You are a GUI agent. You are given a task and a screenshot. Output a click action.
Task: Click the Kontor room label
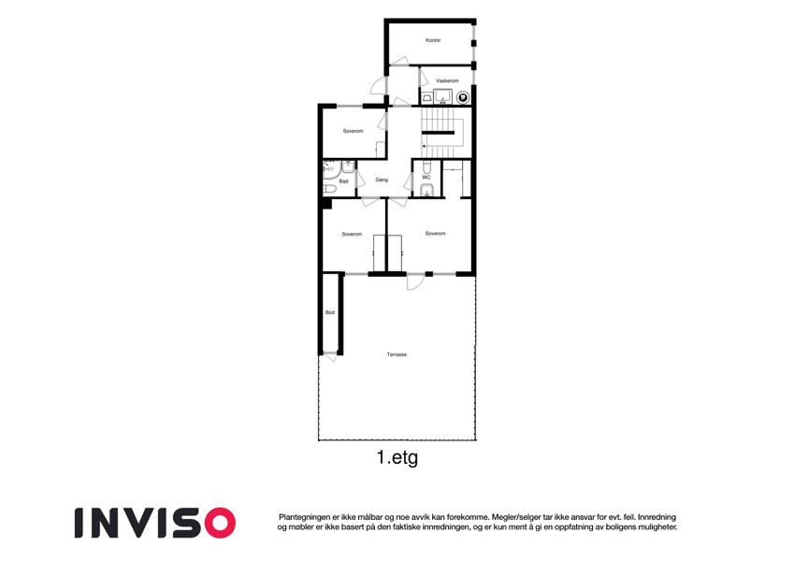coord(433,40)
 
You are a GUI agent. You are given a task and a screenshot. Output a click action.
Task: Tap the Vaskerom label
coord(447,80)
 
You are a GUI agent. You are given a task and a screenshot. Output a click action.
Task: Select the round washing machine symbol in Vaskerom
coord(463,97)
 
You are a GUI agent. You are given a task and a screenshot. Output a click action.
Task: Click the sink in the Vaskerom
coord(442,96)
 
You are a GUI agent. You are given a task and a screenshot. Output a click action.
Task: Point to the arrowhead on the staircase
coord(424,146)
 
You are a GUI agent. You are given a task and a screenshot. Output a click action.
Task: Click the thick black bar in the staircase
coord(439,133)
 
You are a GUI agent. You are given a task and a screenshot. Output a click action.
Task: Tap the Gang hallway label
coord(382,180)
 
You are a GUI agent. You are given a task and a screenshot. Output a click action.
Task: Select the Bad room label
coord(343,181)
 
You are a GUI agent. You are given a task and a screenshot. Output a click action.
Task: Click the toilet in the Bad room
coord(329,190)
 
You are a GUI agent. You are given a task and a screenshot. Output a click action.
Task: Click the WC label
coord(426,178)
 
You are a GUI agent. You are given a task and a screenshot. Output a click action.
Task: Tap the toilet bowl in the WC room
coord(426,166)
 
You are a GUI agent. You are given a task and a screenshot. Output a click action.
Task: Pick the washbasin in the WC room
coord(426,191)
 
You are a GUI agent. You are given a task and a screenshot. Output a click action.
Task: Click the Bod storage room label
coord(329,312)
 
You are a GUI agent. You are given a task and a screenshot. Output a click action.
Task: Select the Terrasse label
coord(397,354)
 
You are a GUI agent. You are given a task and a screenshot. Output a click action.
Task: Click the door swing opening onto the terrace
coord(414,282)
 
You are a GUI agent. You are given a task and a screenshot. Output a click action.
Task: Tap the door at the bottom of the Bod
coord(329,356)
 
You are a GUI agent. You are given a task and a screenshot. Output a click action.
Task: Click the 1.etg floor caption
coord(397,458)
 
